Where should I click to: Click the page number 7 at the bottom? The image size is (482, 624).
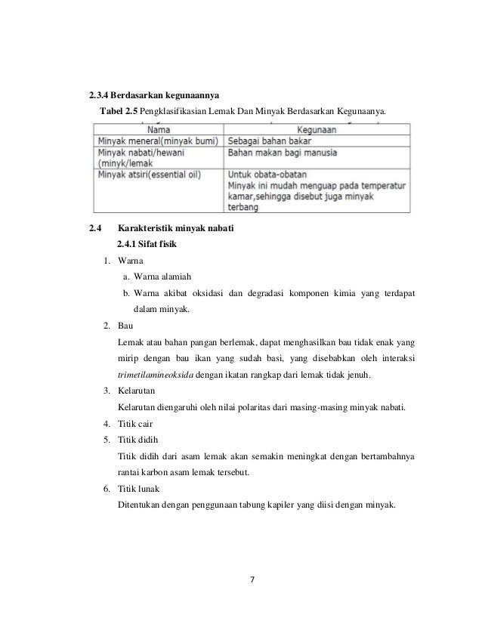click(253, 579)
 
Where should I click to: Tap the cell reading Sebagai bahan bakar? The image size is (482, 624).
click(270, 141)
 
